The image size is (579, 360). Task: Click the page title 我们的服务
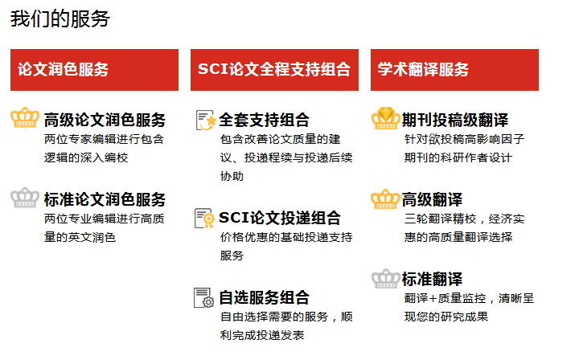coord(60,18)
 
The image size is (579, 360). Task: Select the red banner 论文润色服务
coord(94,70)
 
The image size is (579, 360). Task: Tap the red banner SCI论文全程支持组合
coord(274,70)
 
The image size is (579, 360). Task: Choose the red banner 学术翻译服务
coord(454,70)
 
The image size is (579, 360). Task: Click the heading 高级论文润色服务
coord(105,120)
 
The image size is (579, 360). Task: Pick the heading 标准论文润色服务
coord(105,199)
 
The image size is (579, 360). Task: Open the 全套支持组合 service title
coord(265,120)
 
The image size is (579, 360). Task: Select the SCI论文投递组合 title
coord(280,218)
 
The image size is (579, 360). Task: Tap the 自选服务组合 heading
coord(265,297)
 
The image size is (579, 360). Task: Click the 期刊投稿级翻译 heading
coord(455,120)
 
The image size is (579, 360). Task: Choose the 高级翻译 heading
coord(432,199)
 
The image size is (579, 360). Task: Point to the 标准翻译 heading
coord(432,279)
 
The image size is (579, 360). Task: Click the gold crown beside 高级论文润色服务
coord(25,117)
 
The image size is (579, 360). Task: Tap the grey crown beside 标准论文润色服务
coord(25,198)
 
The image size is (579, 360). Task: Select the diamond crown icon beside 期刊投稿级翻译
coord(385,118)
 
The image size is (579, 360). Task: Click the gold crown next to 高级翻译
coord(385,198)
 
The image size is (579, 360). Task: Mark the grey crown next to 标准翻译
coord(385,279)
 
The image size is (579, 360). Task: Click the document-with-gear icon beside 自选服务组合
coord(203,297)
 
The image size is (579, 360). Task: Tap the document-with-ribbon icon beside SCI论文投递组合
coord(204,218)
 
